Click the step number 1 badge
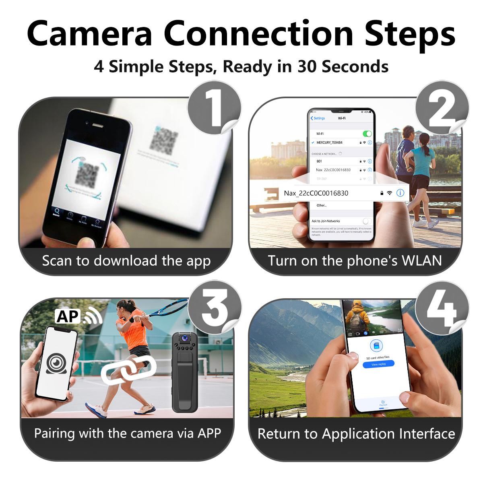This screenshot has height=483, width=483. (214, 107)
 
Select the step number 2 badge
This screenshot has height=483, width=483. (442, 107)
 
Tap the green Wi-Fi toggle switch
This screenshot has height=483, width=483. (367, 134)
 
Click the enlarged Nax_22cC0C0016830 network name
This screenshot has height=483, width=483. (316, 193)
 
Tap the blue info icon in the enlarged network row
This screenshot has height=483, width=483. (400, 193)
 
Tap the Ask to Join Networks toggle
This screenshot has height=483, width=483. (367, 221)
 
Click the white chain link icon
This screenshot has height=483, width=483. (128, 370)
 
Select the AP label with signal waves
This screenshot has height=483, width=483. (79, 316)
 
